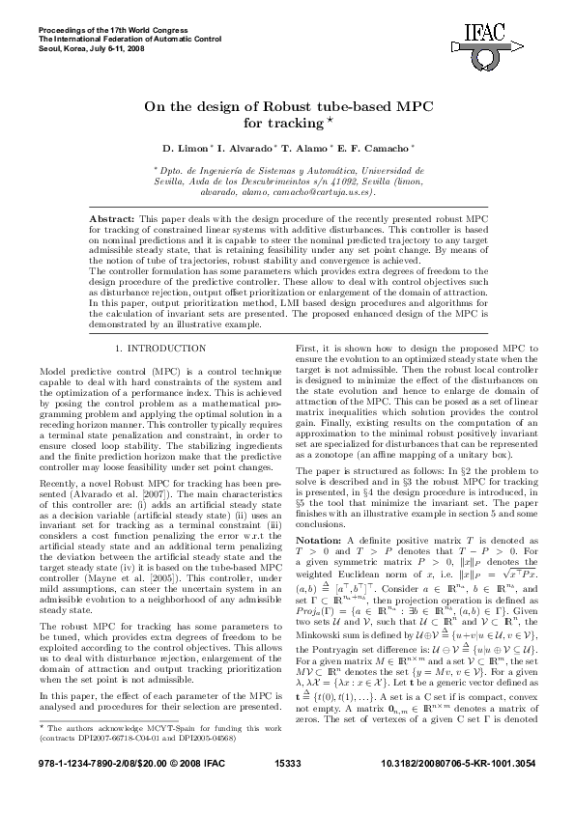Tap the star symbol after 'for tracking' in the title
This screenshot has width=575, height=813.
tap(328, 121)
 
